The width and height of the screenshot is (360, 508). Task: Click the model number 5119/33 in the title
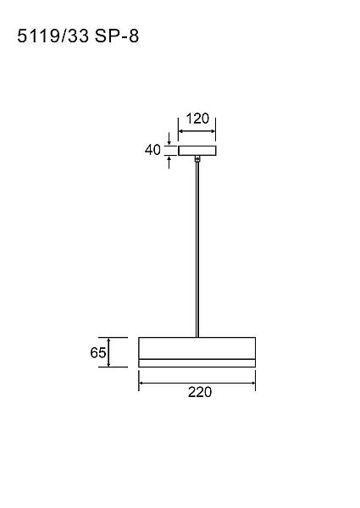tap(53, 36)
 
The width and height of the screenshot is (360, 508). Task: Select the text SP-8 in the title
tap(117, 36)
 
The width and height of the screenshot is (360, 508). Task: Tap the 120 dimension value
tap(197, 119)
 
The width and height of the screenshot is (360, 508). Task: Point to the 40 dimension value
tap(152, 150)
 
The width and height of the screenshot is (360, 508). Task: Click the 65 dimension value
tap(98, 352)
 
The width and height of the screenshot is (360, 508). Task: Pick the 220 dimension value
tap(200, 392)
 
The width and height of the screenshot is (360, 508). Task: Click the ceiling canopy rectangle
tap(197, 151)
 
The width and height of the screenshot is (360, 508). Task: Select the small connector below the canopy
tap(197, 159)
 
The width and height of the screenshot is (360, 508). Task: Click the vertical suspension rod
tap(197, 250)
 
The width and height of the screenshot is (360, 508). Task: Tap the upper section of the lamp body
tap(197, 348)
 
